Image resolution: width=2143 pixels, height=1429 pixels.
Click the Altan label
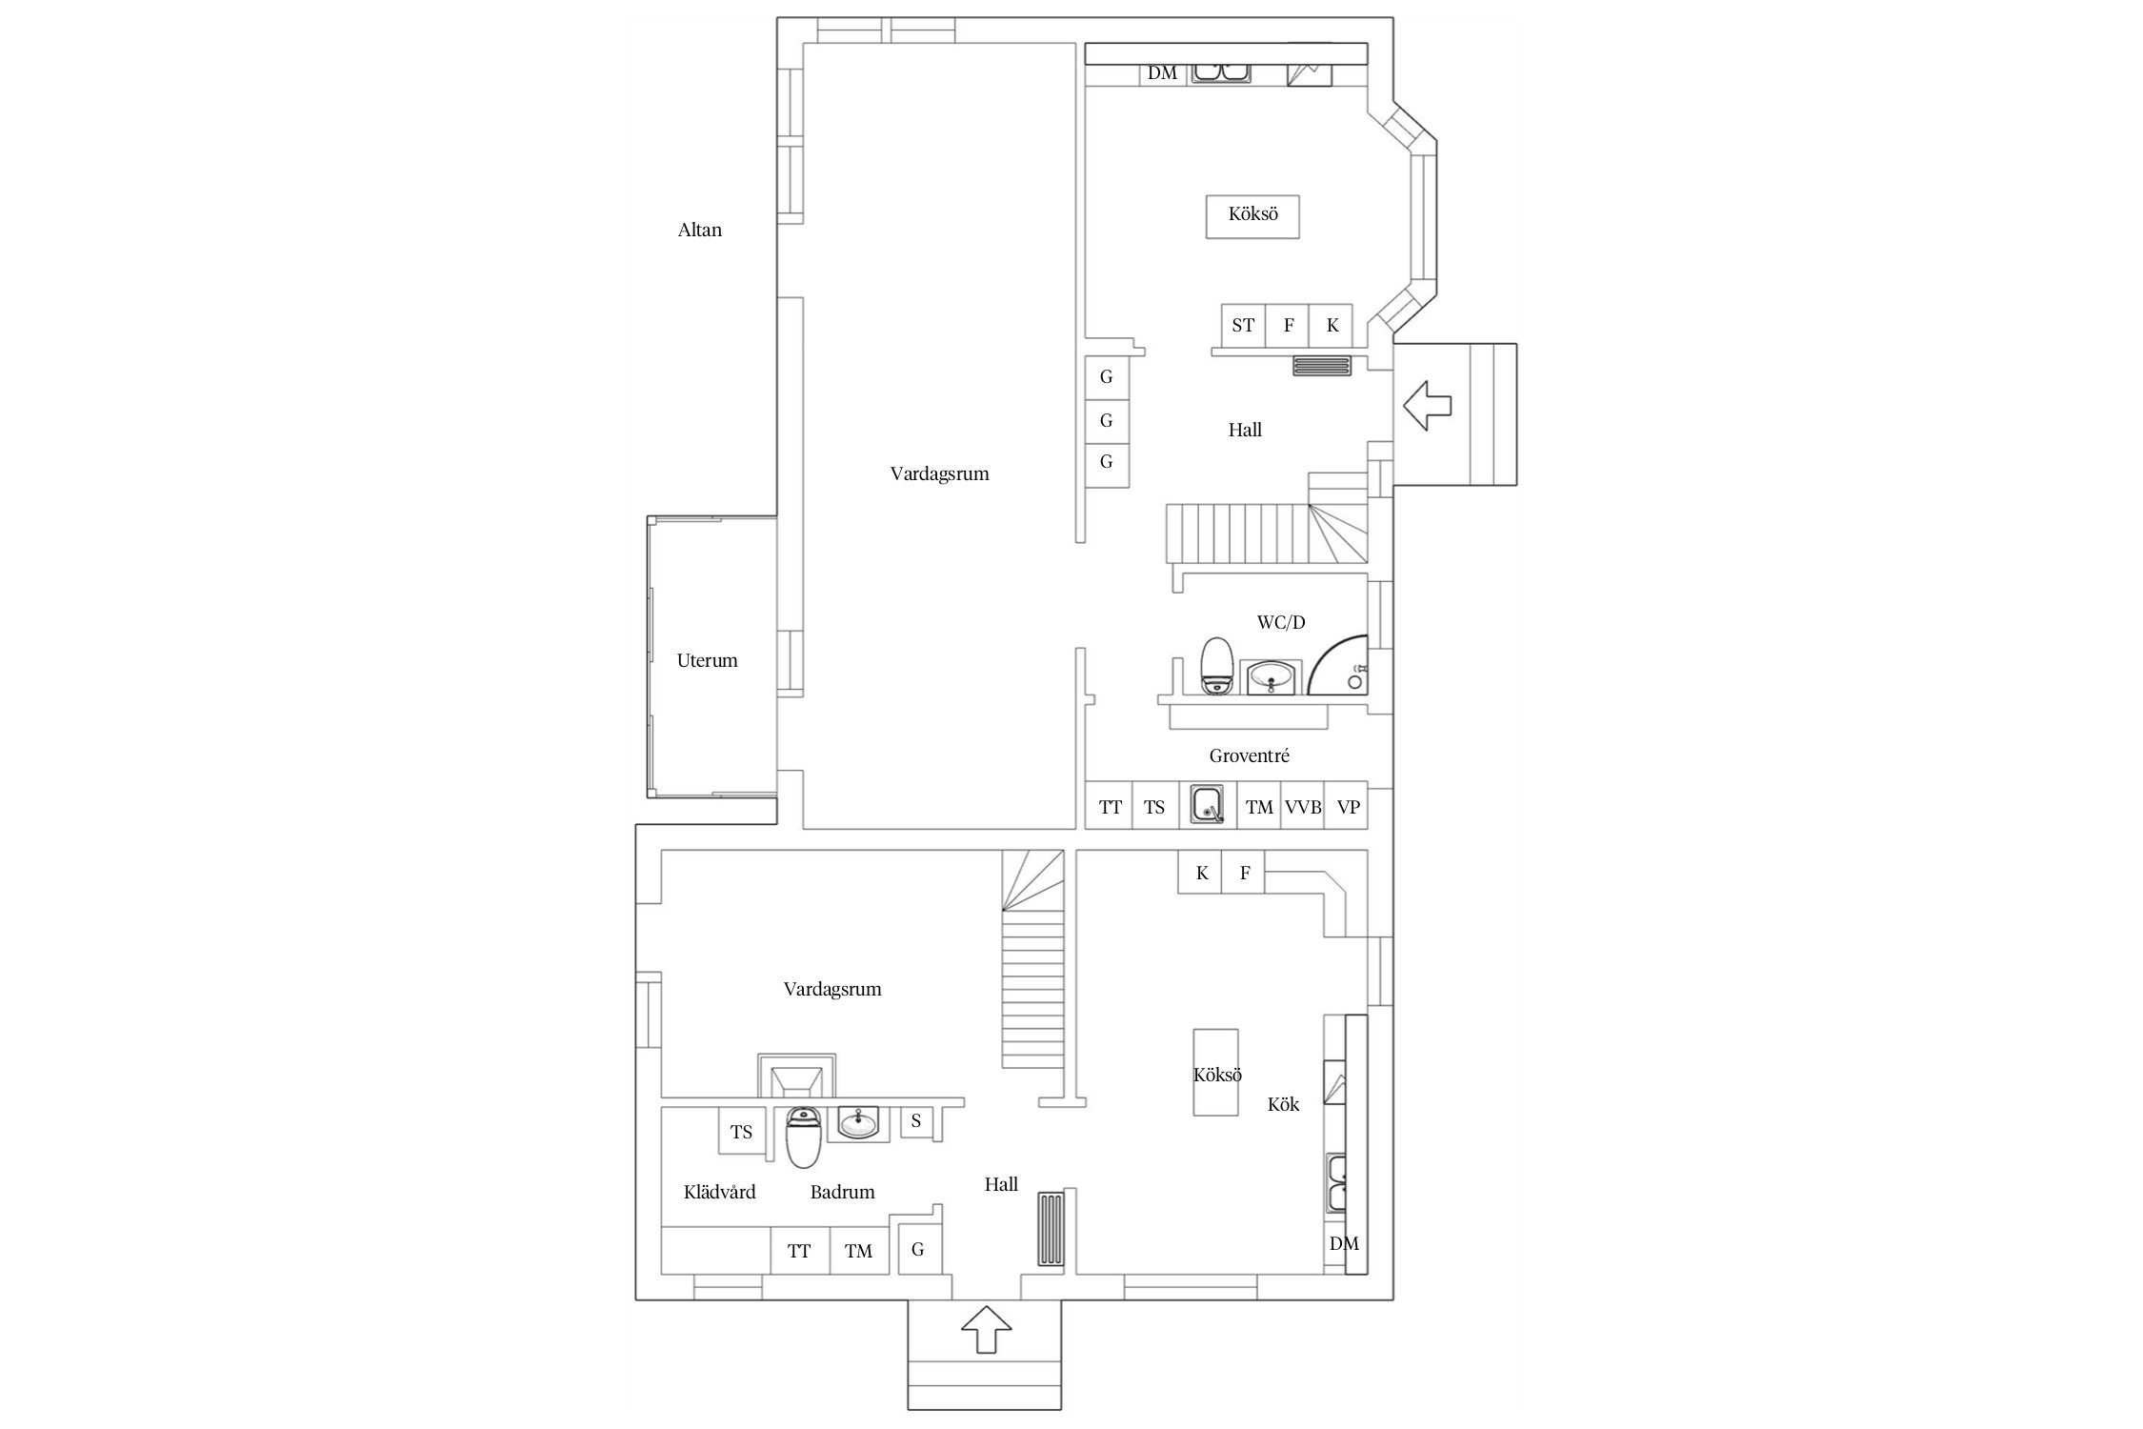pyautogui.click(x=700, y=230)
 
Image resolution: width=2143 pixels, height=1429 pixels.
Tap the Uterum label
pyautogui.click(x=707, y=660)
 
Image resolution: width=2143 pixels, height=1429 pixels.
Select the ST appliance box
pyautogui.click(x=1244, y=326)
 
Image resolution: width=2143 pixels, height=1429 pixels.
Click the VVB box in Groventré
pyautogui.click(x=1302, y=806)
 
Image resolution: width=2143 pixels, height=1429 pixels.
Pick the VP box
pyautogui.click(x=1347, y=806)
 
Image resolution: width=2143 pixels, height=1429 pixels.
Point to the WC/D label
pyautogui.click(x=1281, y=622)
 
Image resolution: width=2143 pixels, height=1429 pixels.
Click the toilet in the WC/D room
pyautogui.click(x=1216, y=666)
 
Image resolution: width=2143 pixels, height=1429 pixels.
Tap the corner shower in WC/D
pyautogui.click(x=1338, y=665)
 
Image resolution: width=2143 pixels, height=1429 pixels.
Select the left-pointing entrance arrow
pyautogui.click(x=1427, y=405)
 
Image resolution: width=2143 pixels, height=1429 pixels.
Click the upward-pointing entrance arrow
pyautogui.click(x=986, y=1329)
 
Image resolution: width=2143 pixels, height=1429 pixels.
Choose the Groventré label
pyautogui.click(x=1249, y=755)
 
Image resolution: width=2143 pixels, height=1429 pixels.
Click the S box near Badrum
pyautogui.click(x=916, y=1121)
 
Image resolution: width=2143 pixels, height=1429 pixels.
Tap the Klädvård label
pyautogui.click(x=719, y=1192)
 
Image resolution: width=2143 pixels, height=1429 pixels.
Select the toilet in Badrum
pyautogui.click(x=803, y=1137)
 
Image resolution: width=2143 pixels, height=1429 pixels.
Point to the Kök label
pyautogui.click(x=1283, y=1104)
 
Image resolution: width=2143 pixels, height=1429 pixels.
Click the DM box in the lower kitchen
pyautogui.click(x=1344, y=1243)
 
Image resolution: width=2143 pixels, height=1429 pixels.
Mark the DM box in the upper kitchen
pyautogui.click(x=1162, y=72)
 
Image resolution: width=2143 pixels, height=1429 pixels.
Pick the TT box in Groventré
pyautogui.click(x=1110, y=806)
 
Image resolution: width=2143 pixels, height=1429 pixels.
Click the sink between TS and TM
pyautogui.click(x=1208, y=805)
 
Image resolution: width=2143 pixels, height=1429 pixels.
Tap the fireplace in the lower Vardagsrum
pyautogui.click(x=796, y=1077)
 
